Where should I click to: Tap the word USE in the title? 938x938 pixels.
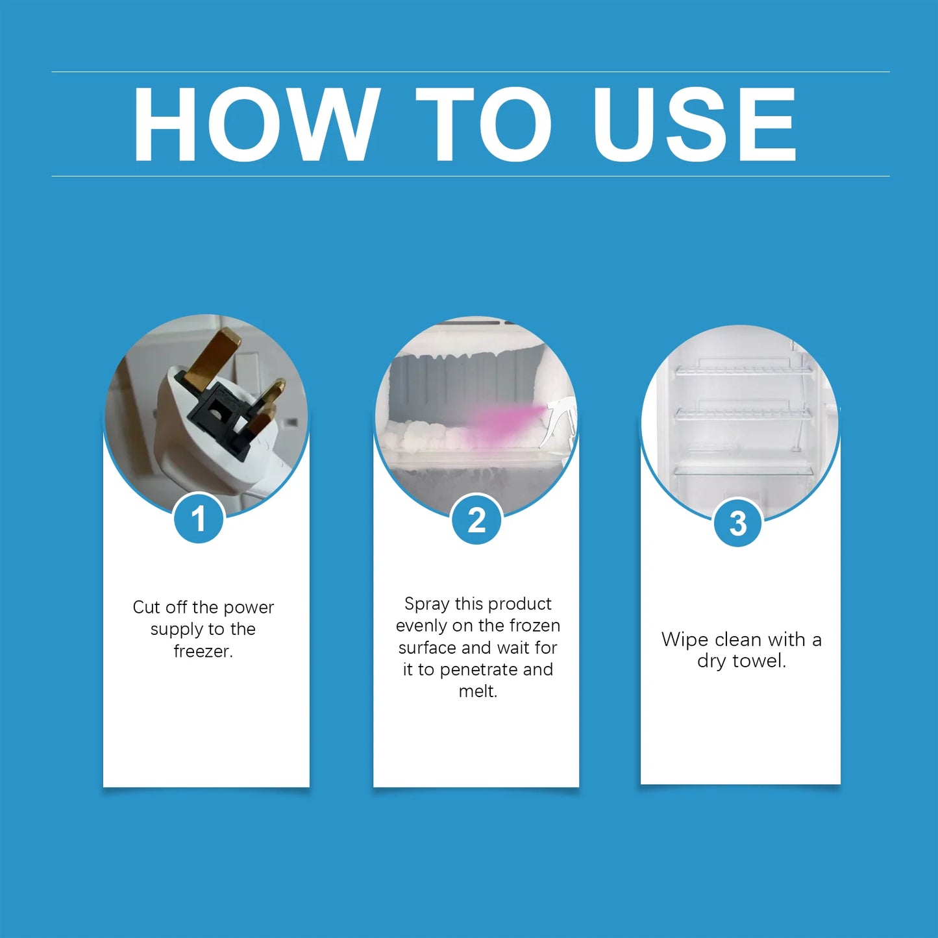693,124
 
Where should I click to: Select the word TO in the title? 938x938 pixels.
483,124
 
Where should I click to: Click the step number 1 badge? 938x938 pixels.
199,519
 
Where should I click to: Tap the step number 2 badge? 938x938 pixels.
476,520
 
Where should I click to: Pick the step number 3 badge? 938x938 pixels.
738,523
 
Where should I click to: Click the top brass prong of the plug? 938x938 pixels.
211,358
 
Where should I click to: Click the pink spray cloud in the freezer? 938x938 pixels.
500,423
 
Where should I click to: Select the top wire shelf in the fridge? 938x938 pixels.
743,370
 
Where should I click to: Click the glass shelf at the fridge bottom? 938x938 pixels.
743,470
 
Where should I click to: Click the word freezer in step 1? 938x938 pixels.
203,651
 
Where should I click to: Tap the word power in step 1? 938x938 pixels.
249,608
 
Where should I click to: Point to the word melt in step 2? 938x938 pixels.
478,691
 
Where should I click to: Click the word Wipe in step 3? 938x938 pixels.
683,640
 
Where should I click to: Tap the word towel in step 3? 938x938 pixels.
758,661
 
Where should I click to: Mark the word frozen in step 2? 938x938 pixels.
535,626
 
